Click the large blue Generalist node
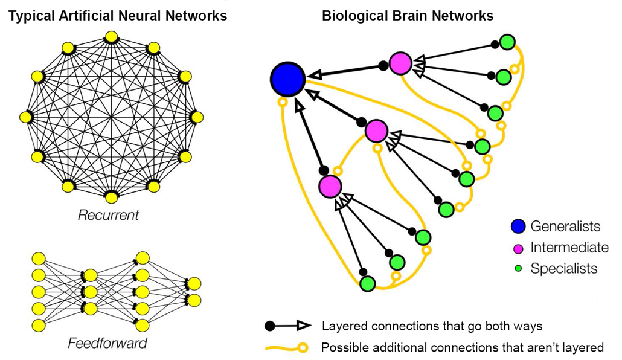point(287,79)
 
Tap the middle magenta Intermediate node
point(376,130)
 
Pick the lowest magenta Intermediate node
point(330,186)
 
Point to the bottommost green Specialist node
point(367,283)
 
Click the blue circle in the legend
point(518,227)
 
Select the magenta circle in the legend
point(518,248)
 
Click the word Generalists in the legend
point(565,227)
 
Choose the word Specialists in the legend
point(564,269)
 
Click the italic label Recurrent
point(109,215)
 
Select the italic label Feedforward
point(107,344)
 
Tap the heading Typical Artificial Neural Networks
point(117,16)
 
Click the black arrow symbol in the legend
point(288,326)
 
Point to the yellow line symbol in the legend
point(288,347)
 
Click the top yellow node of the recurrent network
point(111,37)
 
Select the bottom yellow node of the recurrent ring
point(111,196)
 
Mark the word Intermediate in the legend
point(569,248)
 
